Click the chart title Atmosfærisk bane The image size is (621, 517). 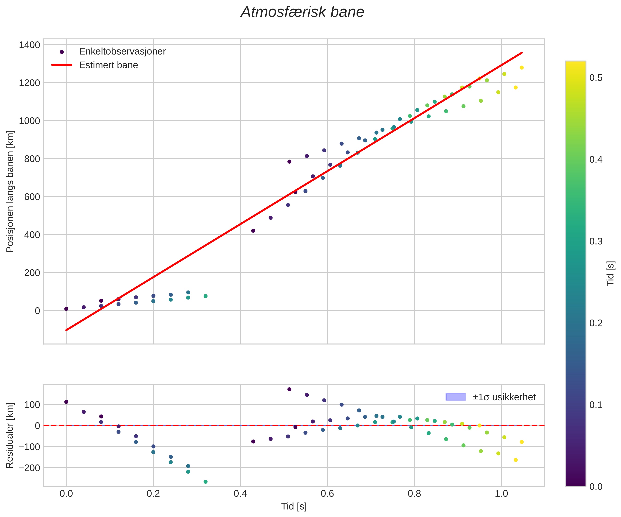302,12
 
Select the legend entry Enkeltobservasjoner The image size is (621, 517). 122,51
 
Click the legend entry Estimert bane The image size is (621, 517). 108,65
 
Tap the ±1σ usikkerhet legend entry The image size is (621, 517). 504,397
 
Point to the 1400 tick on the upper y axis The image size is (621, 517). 29,45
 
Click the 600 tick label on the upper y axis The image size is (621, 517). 32,197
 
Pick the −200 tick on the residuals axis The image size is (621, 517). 29,468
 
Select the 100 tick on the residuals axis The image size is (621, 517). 32,405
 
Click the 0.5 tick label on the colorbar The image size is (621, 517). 596,78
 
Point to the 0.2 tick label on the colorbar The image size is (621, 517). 596,323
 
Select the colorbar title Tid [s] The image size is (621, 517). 610,273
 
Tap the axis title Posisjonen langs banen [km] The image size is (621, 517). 10,191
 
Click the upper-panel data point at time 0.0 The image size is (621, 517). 66,309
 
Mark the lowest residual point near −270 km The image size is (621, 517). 205,482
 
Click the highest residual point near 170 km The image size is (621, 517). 289,389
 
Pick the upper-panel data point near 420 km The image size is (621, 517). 253,231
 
